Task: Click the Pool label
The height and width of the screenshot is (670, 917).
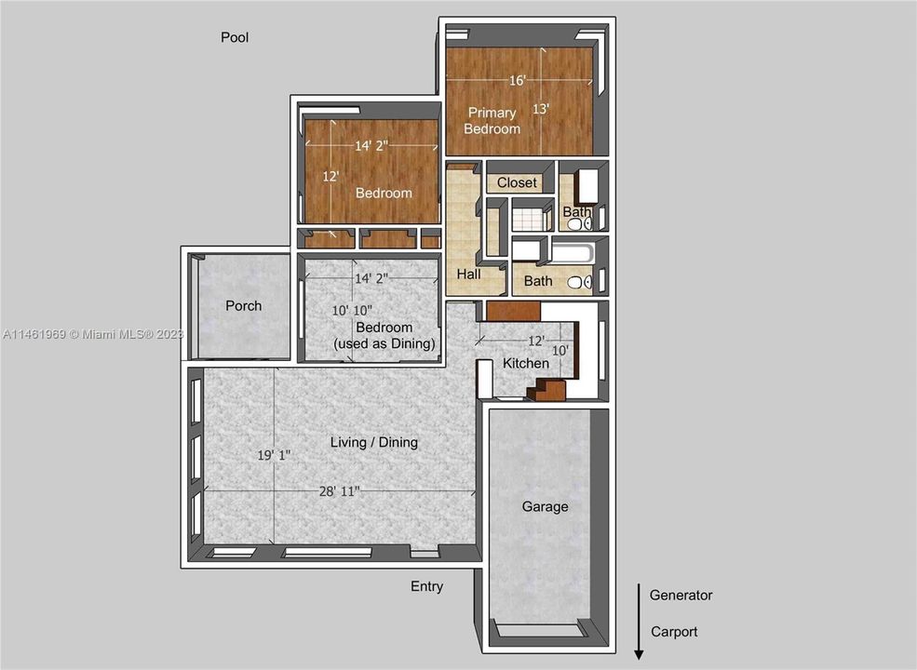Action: [x=235, y=38]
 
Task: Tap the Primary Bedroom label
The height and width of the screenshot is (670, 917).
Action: [x=492, y=121]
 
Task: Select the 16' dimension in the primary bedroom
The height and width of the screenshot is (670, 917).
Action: [x=518, y=80]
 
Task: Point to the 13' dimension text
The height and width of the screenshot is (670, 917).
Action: [x=541, y=109]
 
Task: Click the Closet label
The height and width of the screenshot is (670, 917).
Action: [x=517, y=182]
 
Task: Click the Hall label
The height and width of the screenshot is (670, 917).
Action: [x=468, y=275]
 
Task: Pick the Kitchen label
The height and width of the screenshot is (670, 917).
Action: [x=526, y=363]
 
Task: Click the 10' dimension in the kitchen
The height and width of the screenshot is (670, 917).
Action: [x=560, y=350]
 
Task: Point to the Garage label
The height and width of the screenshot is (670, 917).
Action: [x=545, y=506]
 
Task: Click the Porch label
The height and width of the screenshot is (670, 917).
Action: [x=244, y=305]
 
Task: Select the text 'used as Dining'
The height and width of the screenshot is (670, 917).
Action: [x=384, y=344]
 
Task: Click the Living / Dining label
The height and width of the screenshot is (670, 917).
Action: [x=374, y=442]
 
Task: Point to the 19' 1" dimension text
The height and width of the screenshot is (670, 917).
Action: [x=275, y=455]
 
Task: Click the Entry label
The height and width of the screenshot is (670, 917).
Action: [x=427, y=586]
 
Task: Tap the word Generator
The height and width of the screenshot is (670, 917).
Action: [x=681, y=595]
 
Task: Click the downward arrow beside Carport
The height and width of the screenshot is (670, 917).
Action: [x=639, y=623]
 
